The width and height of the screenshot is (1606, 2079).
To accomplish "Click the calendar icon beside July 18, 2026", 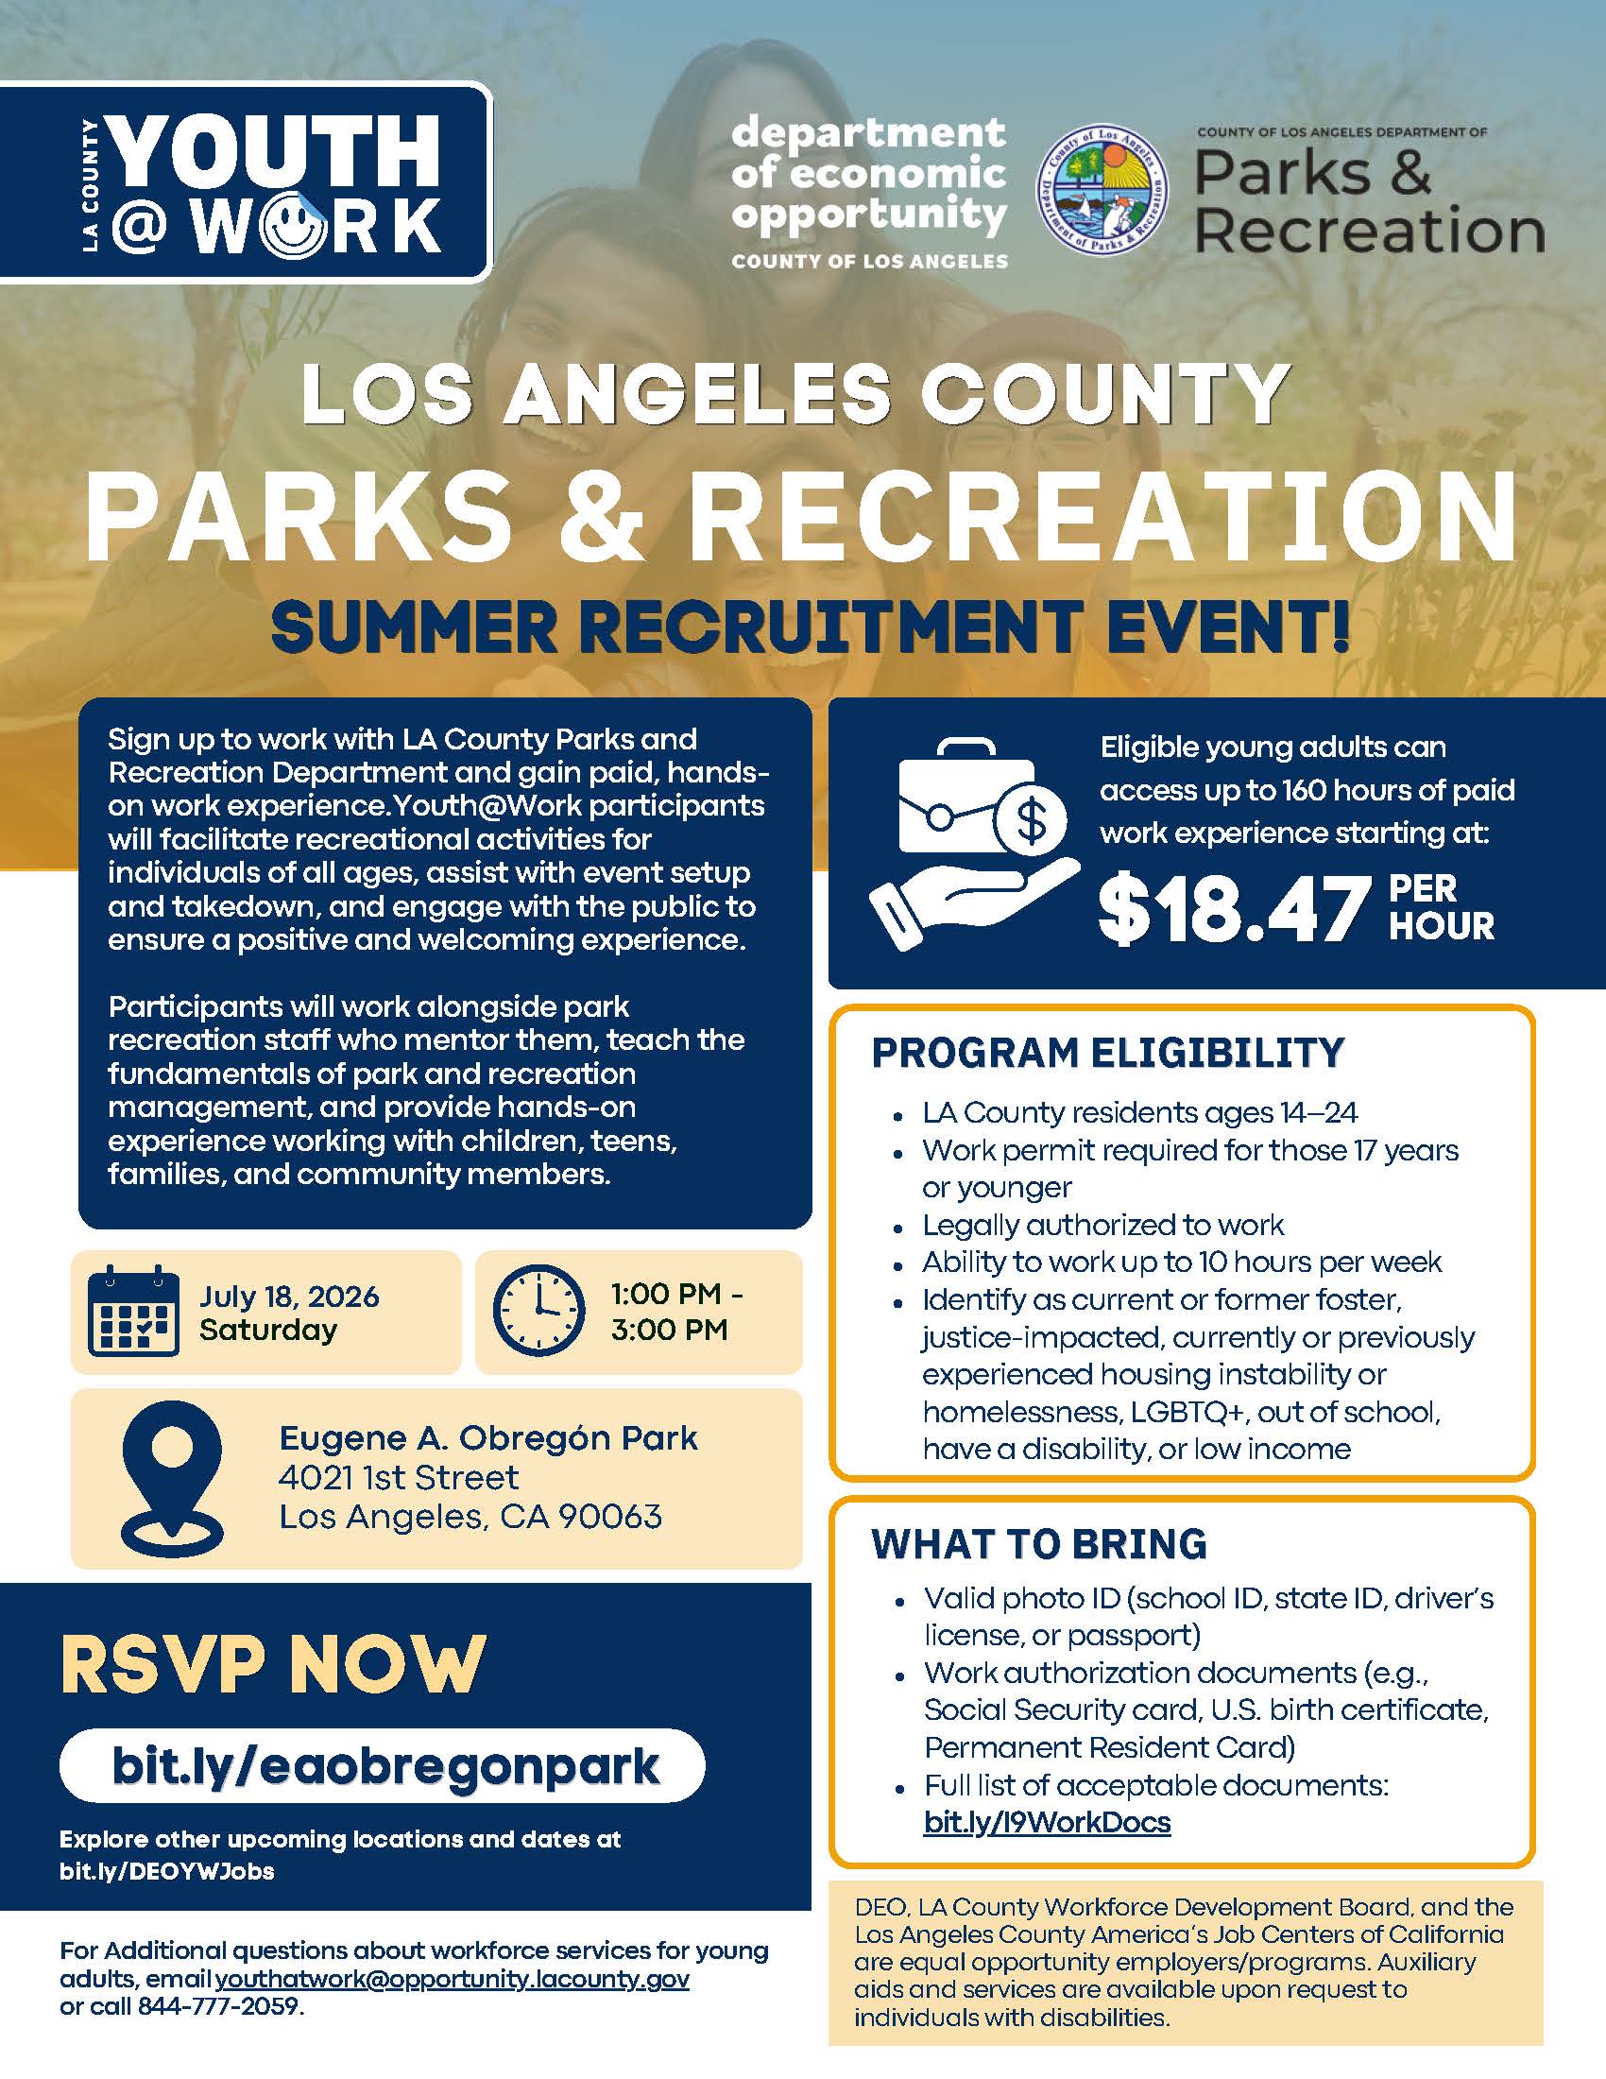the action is click(x=134, y=1312).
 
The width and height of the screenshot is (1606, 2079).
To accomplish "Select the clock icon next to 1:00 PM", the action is click(x=538, y=1311).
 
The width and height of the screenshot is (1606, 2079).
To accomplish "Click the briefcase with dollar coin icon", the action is click(x=974, y=843).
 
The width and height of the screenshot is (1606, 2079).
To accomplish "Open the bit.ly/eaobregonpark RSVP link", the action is click(x=384, y=1767).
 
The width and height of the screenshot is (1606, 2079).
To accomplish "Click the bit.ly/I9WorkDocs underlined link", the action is click(x=1047, y=1822).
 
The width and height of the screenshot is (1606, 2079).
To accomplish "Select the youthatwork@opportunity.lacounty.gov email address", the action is click(x=453, y=1980).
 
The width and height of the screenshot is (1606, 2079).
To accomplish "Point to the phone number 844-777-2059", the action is click(x=219, y=2006).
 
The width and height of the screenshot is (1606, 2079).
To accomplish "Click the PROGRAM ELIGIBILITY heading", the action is click(x=1107, y=1053).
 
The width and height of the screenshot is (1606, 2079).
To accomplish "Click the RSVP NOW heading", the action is click(x=273, y=1665).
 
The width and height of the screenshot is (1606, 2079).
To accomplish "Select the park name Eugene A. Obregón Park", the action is click(x=488, y=1437).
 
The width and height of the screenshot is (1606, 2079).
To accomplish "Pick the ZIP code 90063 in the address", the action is click(x=610, y=1517).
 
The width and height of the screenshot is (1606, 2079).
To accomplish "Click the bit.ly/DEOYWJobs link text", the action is click(x=166, y=1871).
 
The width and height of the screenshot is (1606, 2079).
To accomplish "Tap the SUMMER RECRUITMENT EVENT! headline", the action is click(x=811, y=627).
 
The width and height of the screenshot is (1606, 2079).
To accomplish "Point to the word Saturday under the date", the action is click(x=268, y=1330).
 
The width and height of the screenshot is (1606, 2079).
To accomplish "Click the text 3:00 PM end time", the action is click(x=669, y=1330).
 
